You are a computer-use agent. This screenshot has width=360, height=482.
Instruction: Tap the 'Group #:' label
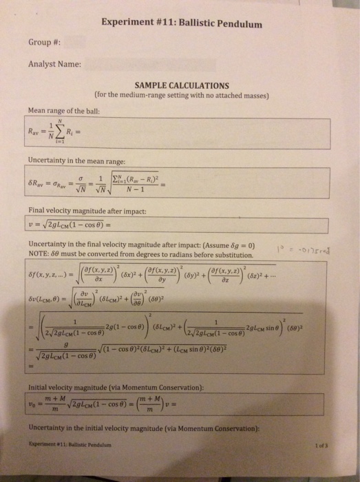click(x=41, y=41)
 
